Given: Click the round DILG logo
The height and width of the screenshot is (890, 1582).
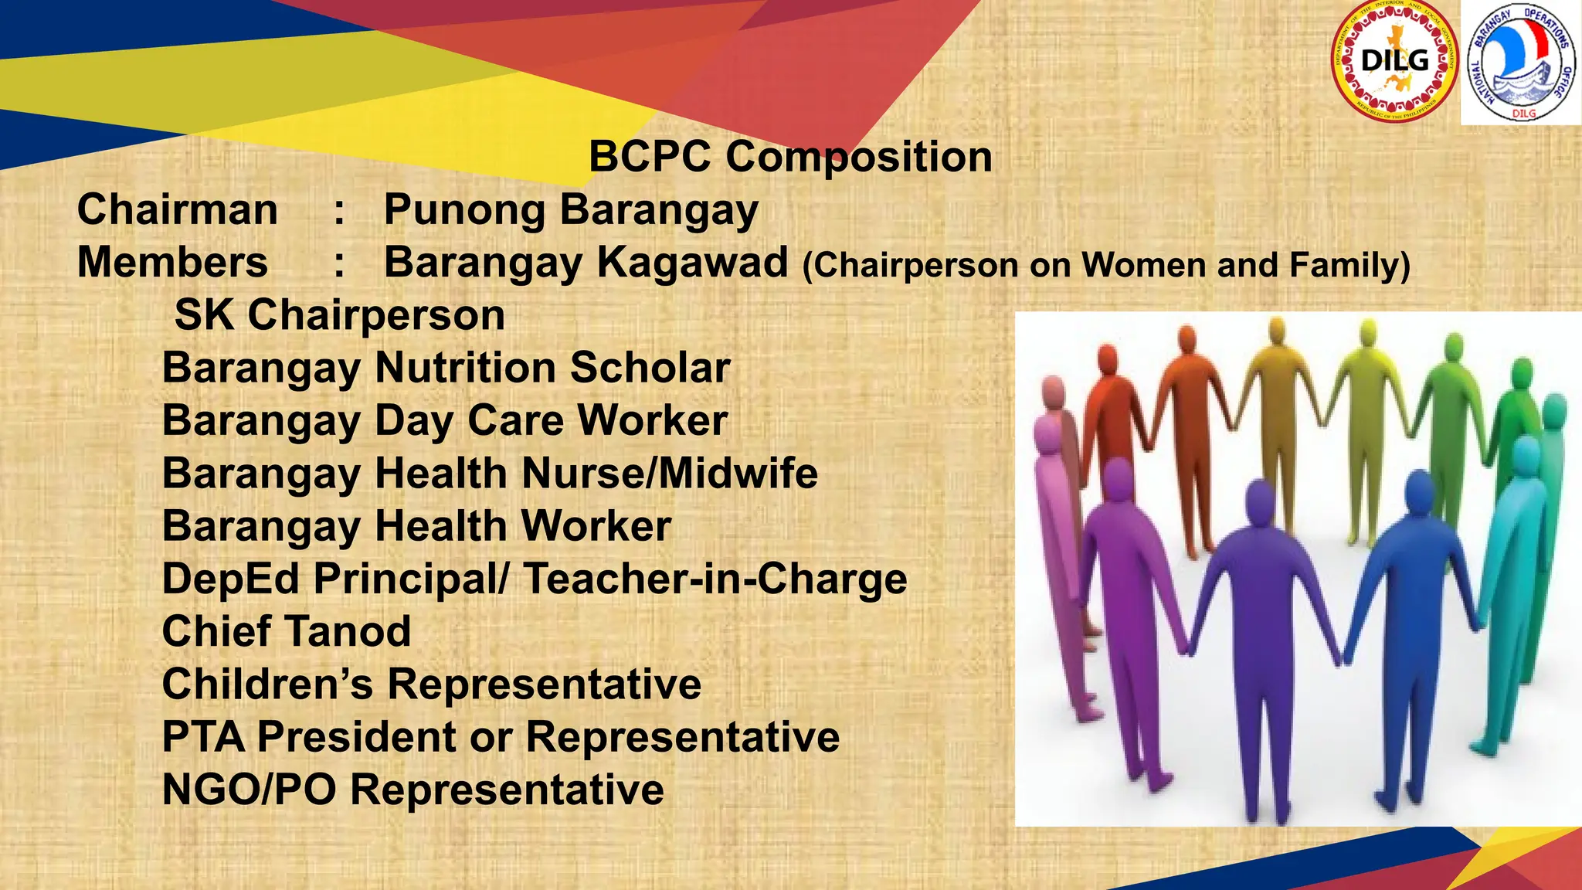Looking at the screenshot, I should (1395, 61).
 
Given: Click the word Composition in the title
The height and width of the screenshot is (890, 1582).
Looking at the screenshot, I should (859, 157).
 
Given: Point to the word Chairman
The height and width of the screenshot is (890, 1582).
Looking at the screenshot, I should (178, 210).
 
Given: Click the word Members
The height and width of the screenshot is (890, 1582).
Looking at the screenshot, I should (173, 263).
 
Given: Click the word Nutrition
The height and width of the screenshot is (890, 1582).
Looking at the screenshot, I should (466, 368).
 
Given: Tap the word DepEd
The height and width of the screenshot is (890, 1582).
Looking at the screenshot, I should (230, 579).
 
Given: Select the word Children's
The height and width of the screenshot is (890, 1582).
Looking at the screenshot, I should (267, 684).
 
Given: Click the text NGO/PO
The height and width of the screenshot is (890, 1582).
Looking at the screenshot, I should (250, 790).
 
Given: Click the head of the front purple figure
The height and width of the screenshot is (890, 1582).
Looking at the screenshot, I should (1259, 502).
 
